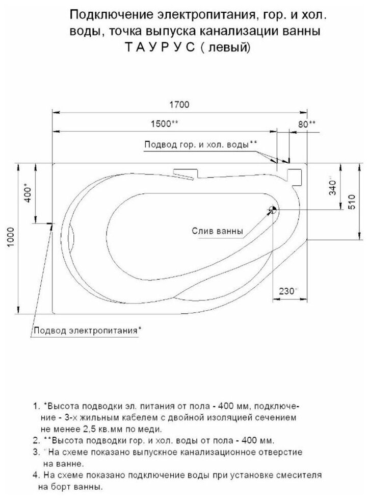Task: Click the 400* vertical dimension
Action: tap(29, 193)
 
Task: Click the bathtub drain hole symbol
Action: tap(273, 209)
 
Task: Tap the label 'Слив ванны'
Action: tap(217, 231)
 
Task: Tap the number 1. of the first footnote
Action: tap(36, 407)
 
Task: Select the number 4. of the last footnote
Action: tap(36, 474)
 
